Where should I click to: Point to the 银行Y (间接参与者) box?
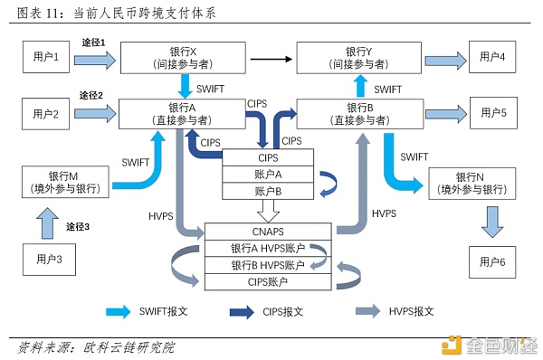(x=360, y=59)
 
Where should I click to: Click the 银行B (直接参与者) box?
(x=360, y=114)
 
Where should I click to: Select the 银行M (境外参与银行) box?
(x=62, y=181)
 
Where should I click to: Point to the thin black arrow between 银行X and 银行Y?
(x=273, y=60)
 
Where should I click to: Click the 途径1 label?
(x=92, y=43)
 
